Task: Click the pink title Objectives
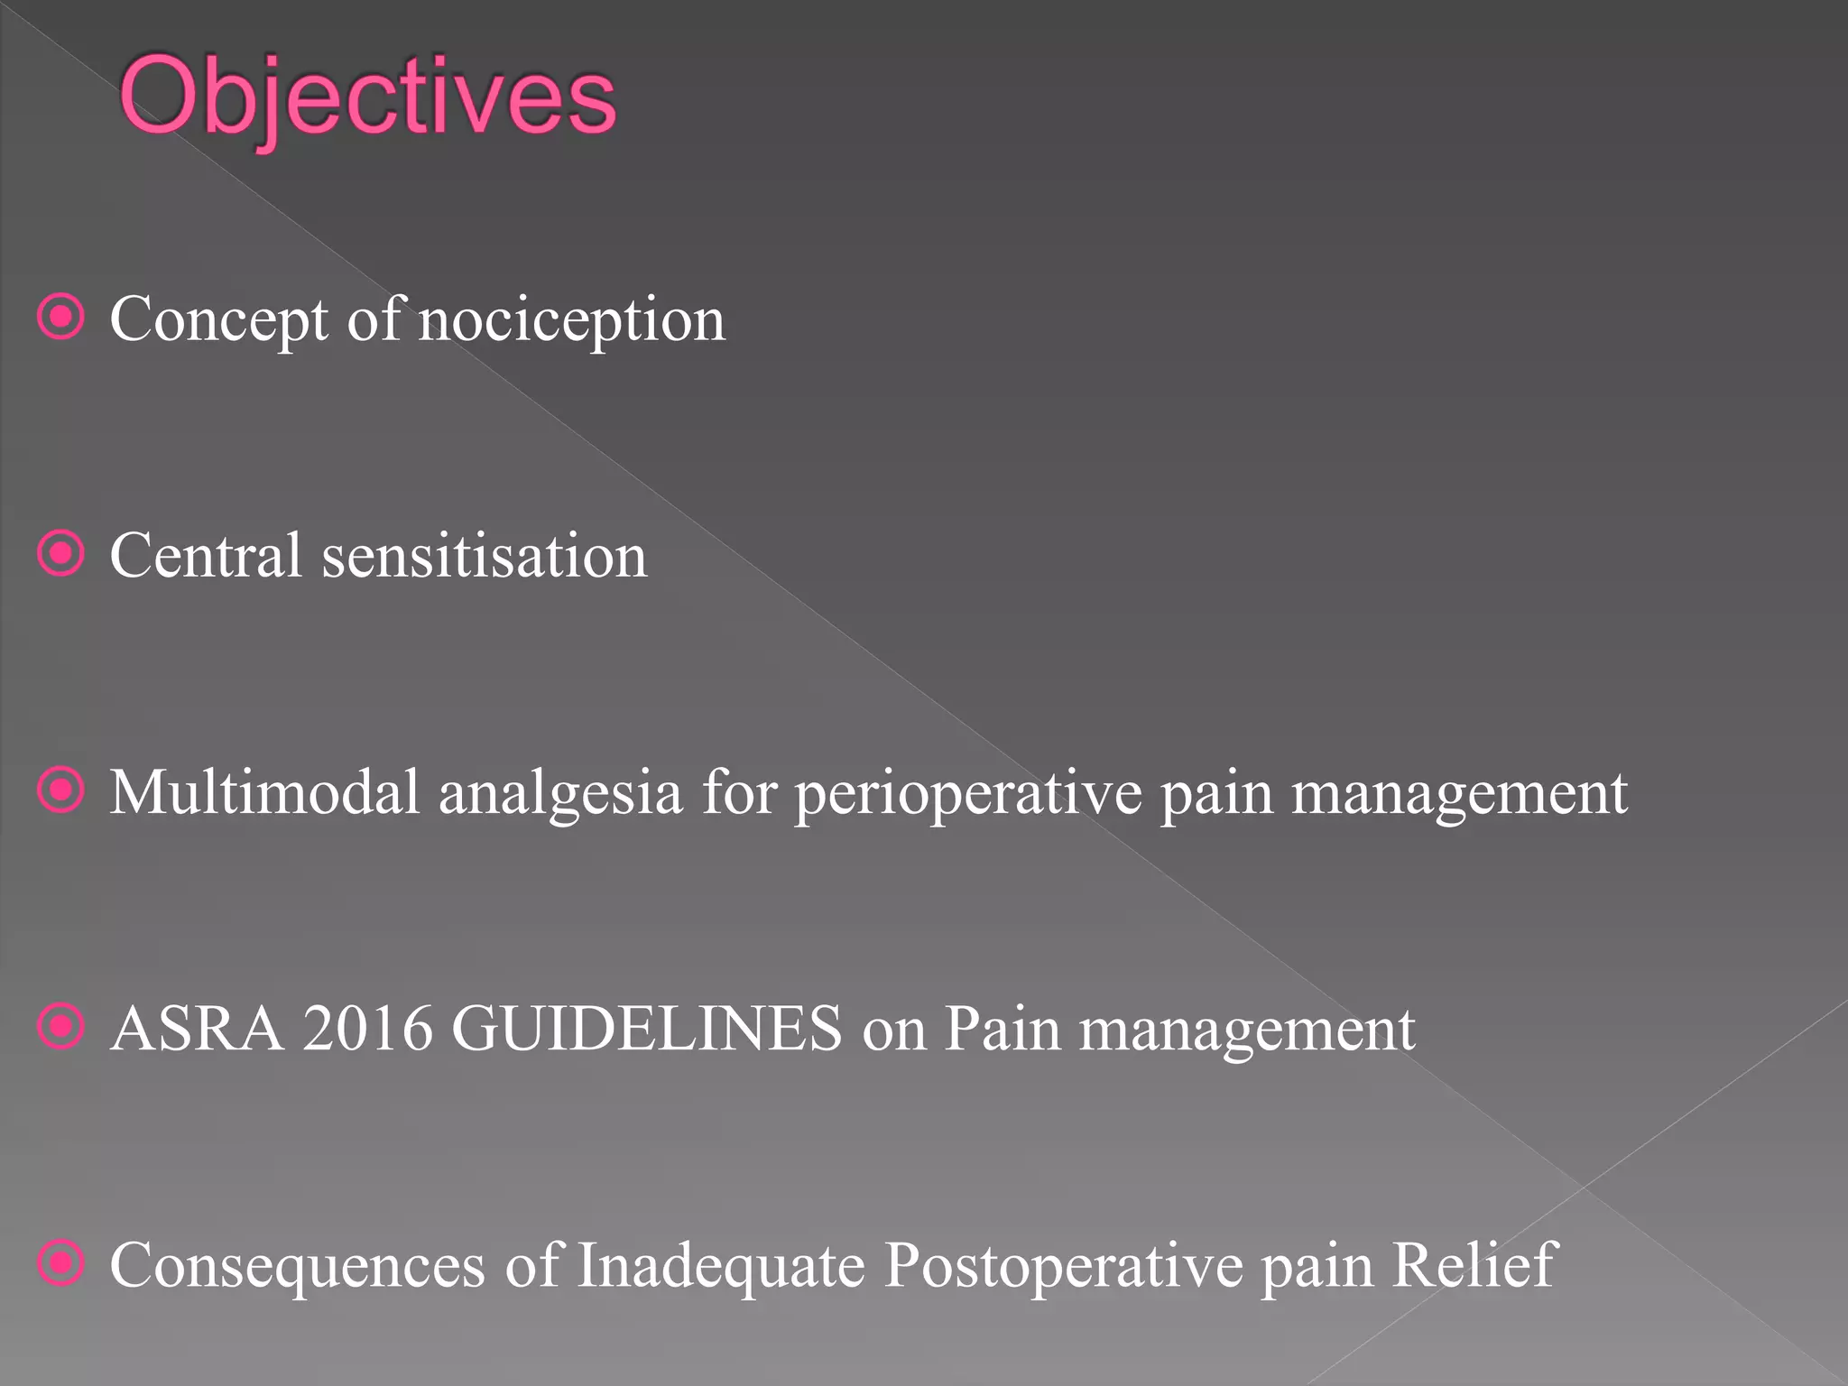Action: (x=367, y=97)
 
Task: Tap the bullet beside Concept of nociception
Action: (x=61, y=317)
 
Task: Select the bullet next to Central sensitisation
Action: (x=61, y=553)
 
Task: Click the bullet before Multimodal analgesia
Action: (x=61, y=790)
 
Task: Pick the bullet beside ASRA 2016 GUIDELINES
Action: (x=61, y=1027)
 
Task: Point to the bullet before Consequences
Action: (x=61, y=1263)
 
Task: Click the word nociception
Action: (x=571, y=320)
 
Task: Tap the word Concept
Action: (x=219, y=320)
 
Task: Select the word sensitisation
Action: (x=485, y=556)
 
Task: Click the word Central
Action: (x=206, y=556)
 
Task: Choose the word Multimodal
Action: (x=265, y=793)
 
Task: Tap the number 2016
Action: (x=367, y=1029)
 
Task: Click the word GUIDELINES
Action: (x=646, y=1029)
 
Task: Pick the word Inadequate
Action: (x=721, y=1267)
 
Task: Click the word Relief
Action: (x=1474, y=1265)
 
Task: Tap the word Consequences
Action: (x=297, y=1267)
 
